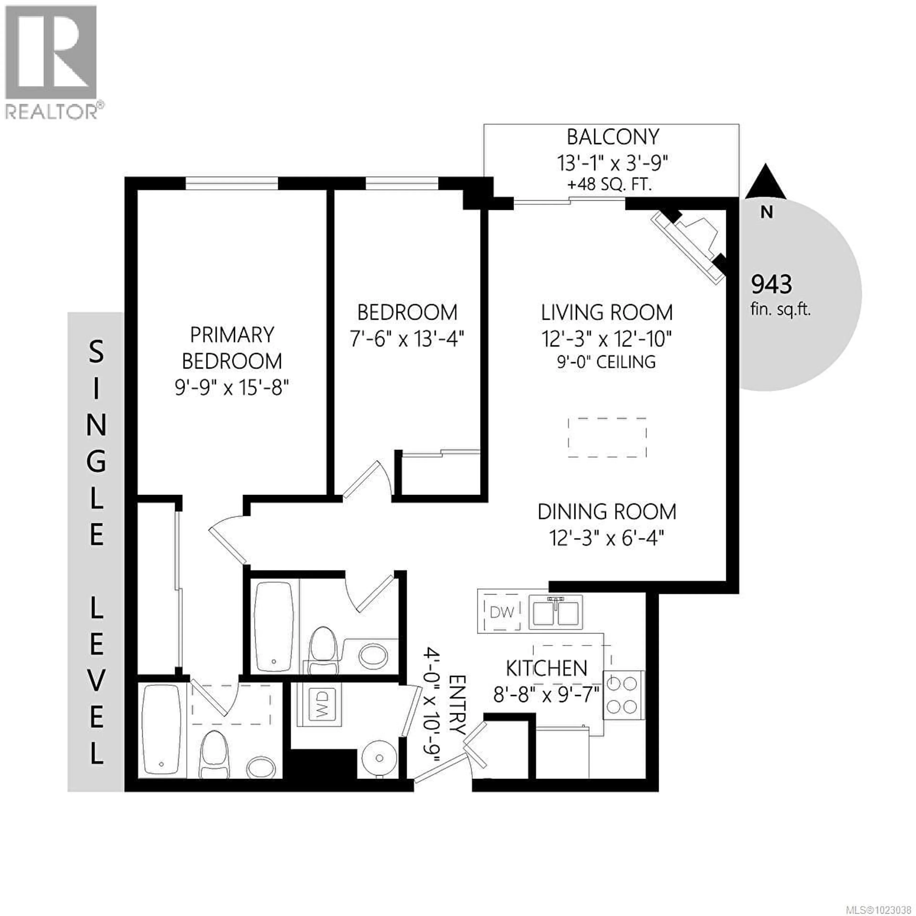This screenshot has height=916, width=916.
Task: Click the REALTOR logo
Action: point(52,62)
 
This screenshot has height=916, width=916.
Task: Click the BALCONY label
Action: point(613,137)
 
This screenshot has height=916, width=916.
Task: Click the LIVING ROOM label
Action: point(607,313)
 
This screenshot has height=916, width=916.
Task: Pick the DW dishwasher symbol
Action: point(502,613)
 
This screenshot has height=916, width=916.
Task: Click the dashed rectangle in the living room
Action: point(607,437)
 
